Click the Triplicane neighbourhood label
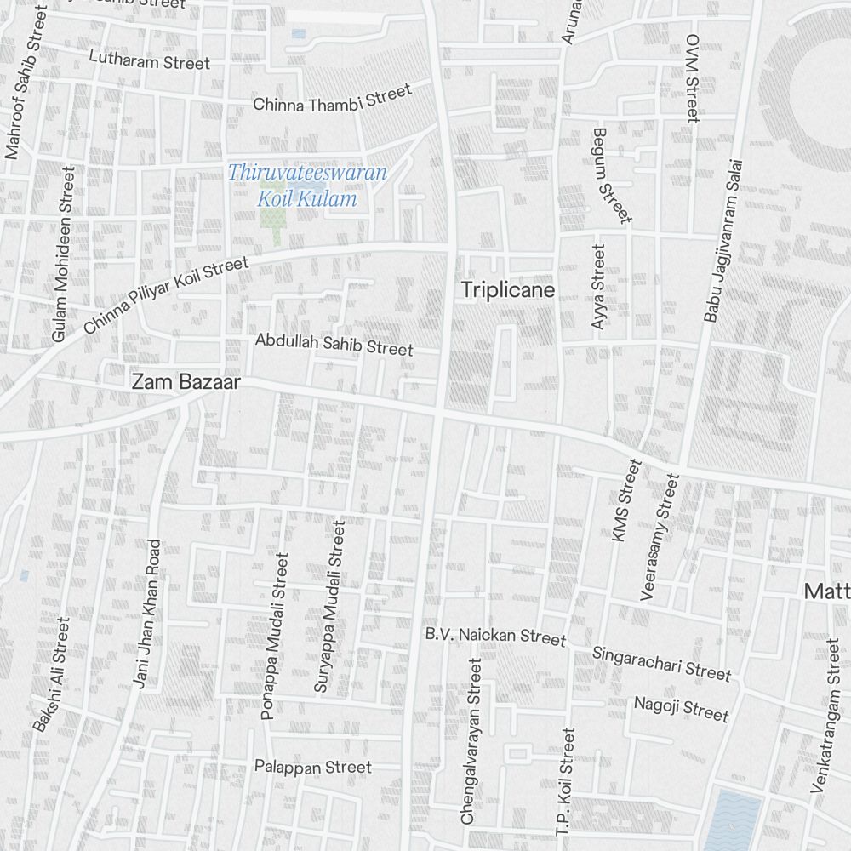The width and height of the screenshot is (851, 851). pyautogui.click(x=507, y=290)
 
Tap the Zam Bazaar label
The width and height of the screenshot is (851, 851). pyautogui.click(x=186, y=383)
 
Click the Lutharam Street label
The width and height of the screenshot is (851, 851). pyautogui.click(x=149, y=60)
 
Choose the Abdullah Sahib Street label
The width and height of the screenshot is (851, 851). pyautogui.click(x=334, y=344)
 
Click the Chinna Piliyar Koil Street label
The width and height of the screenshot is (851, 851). pyautogui.click(x=167, y=295)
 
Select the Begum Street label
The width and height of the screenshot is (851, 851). pyautogui.click(x=612, y=174)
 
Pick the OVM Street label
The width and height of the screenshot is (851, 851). pyautogui.click(x=692, y=78)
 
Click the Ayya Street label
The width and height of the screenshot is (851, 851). pyautogui.click(x=600, y=288)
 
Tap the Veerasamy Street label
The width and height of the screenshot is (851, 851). pyautogui.click(x=660, y=538)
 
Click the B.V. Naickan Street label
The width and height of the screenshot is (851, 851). pyautogui.click(x=495, y=636)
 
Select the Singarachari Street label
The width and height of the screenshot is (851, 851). pyautogui.click(x=661, y=661)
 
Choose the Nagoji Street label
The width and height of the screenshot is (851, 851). pyautogui.click(x=681, y=708)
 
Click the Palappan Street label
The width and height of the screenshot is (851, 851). pyautogui.click(x=313, y=767)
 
